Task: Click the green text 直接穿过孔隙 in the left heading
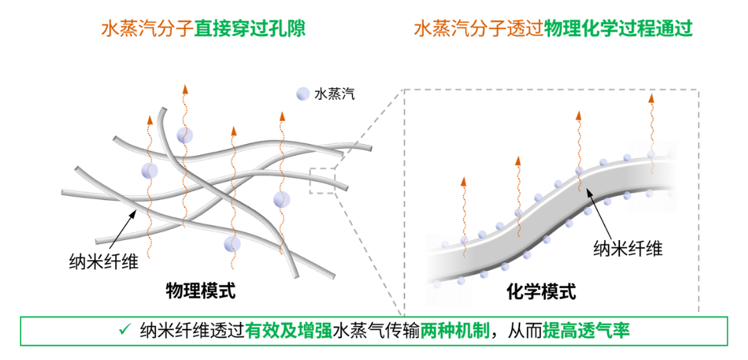250,30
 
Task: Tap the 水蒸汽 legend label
335,94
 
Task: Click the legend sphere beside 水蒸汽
303,94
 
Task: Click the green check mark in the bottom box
125,330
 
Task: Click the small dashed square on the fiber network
323,181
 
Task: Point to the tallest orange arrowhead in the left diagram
186,89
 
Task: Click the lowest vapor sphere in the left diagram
232,244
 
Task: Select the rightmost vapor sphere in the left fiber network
282,199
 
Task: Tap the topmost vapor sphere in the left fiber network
185,136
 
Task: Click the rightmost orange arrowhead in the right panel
651,99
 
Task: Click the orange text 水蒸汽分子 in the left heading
148,30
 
